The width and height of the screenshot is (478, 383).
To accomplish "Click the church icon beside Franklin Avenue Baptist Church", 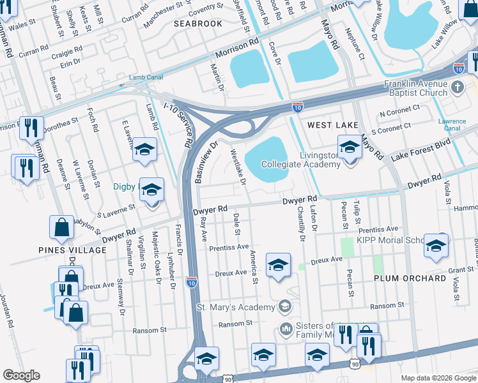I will point(457,86).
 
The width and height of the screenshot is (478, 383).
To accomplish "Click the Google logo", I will point(21,375).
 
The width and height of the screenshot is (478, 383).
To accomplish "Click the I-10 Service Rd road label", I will point(188,131).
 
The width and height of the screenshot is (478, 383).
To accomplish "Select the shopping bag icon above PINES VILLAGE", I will point(61,226).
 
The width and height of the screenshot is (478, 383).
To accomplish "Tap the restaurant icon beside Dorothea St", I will point(31,128).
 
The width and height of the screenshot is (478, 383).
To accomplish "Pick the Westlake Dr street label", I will point(238,167).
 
